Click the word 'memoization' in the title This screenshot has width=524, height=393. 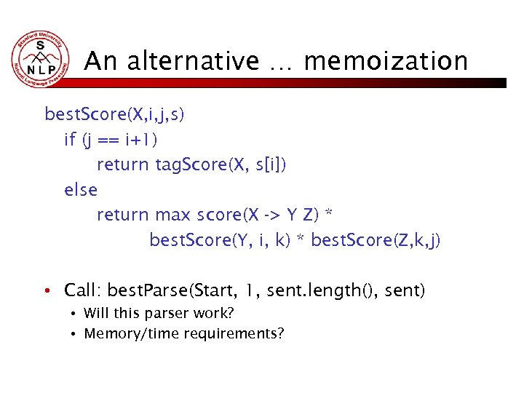(386, 61)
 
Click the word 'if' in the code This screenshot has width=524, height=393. (71, 140)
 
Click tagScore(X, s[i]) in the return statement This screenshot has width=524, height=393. (221, 165)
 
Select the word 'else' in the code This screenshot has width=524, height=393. (81, 190)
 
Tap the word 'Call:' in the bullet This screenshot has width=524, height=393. (82, 291)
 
